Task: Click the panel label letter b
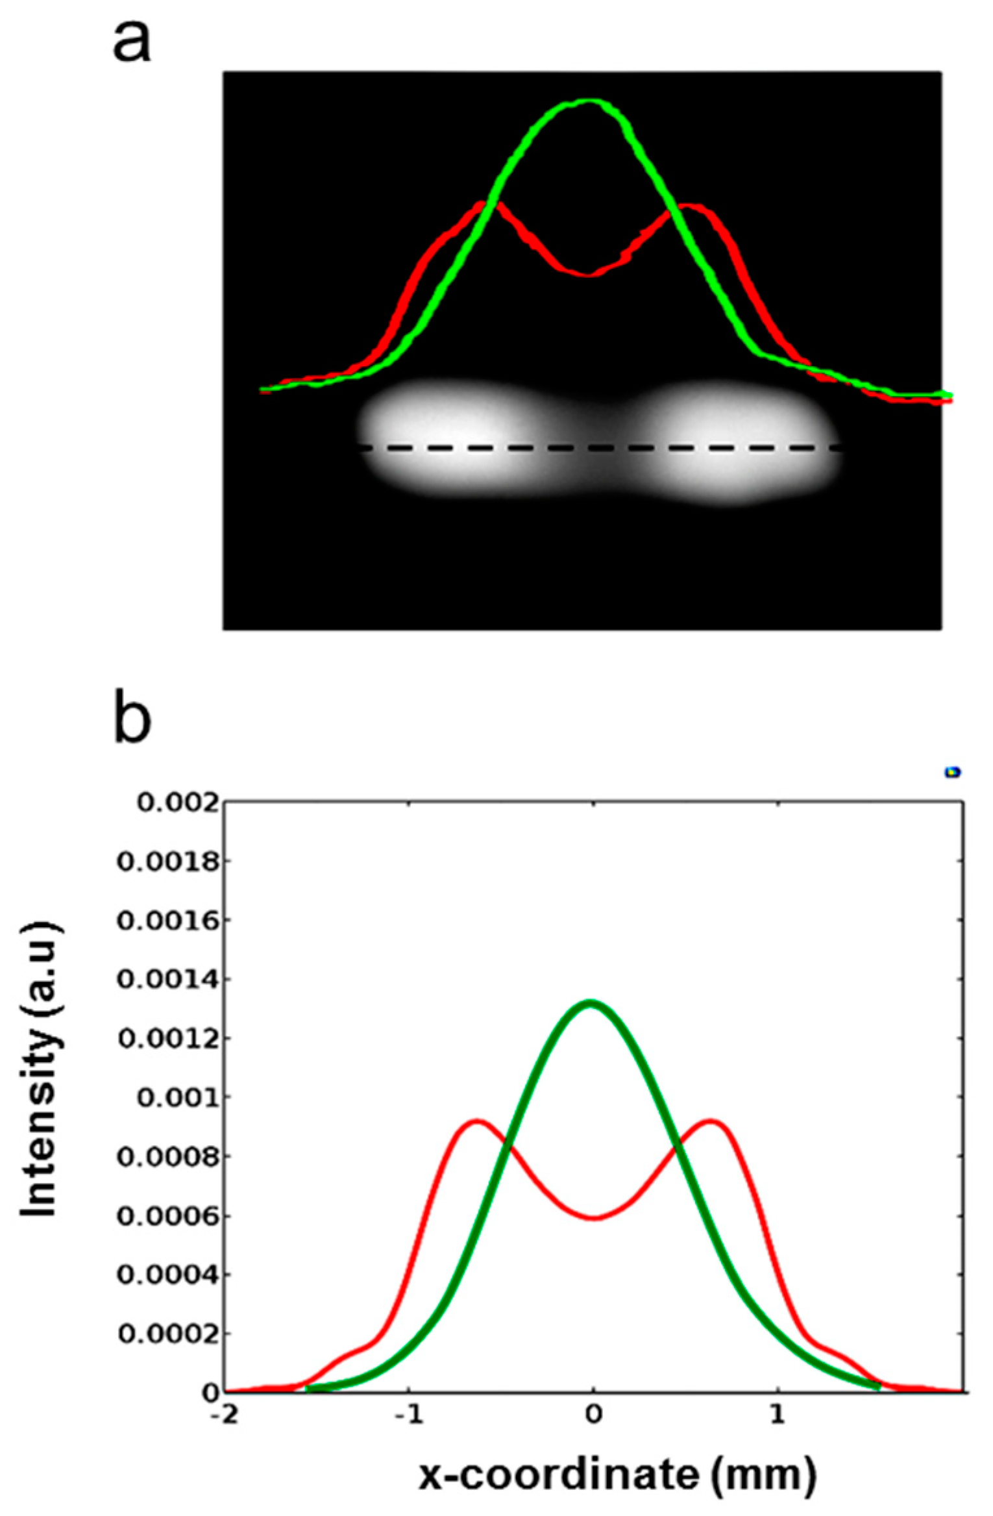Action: tap(132, 719)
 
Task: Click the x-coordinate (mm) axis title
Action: tap(617, 1475)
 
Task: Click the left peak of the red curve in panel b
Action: tap(477, 1121)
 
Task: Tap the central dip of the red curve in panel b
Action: tap(593, 1218)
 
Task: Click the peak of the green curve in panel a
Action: tap(587, 101)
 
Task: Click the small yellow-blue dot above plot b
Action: tap(952, 772)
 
